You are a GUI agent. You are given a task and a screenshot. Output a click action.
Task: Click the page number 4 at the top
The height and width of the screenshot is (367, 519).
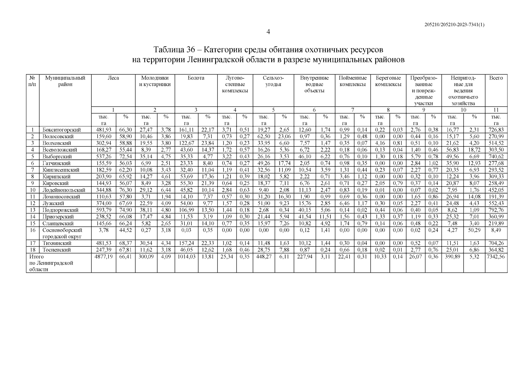pyautogui.click(x=268, y=32)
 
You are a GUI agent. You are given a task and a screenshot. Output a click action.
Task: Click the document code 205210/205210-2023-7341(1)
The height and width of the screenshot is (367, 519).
pyautogui.click(x=454, y=25)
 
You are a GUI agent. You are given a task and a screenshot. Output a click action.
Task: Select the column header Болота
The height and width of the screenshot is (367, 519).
pyautogui.click(x=196, y=78)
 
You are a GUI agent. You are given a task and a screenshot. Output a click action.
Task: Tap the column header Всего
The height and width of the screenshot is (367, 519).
pyautogui.click(x=496, y=78)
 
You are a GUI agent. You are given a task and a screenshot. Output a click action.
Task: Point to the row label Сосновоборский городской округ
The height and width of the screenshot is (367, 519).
pyautogui.click(x=62, y=233)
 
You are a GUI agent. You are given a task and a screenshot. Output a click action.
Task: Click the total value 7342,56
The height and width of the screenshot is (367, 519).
pyautogui.click(x=496, y=257)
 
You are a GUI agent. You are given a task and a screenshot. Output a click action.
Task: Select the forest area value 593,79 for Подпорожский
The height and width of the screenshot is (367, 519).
pyautogui.click(x=103, y=210)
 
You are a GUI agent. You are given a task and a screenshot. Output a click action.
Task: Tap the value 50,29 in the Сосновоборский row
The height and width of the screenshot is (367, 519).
pyautogui.click(x=474, y=230)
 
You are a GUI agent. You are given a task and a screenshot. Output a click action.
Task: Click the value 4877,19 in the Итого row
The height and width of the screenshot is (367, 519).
pyautogui.click(x=103, y=257)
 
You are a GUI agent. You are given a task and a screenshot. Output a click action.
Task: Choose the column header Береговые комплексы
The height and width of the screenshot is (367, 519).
pyautogui.click(x=388, y=81)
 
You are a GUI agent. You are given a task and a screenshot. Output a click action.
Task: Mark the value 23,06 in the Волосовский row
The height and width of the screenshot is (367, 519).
pyautogui.click(x=284, y=136)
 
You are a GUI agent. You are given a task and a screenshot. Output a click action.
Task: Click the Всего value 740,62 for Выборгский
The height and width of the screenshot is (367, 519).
pyautogui.click(x=496, y=157)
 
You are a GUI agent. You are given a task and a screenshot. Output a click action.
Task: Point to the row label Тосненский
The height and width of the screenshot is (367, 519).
pyautogui.click(x=57, y=250)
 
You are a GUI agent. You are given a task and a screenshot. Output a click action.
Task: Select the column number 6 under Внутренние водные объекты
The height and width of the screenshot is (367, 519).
pyautogui.click(x=314, y=110)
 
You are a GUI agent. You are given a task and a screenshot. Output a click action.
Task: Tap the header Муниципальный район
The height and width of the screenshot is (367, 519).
pyautogui.click(x=65, y=81)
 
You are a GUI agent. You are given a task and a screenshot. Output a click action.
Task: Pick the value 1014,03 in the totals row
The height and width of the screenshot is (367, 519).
pyautogui.click(x=186, y=257)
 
